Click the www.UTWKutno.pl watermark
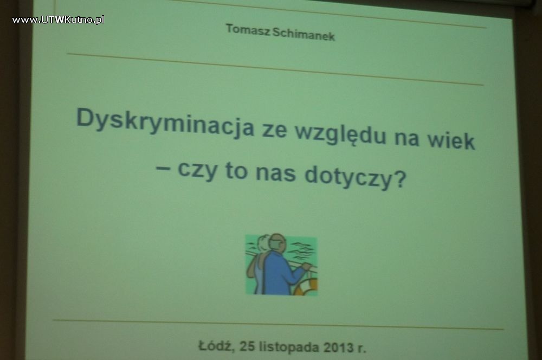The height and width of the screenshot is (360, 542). click(x=58, y=20)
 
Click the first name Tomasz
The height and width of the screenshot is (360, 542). click(x=248, y=30)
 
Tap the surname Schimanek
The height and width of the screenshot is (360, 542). click(x=304, y=35)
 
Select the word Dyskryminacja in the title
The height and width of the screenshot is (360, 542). click(x=165, y=123)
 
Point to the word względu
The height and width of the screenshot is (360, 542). click(x=341, y=134)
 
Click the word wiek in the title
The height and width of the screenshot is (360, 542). click(x=451, y=140)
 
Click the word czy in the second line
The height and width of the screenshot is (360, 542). click(x=197, y=170)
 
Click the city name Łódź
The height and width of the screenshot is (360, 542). click(x=216, y=345)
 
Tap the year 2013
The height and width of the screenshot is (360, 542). click(x=339, y=347)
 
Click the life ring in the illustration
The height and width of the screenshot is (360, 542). click(x=306, y=286)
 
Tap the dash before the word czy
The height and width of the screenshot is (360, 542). click(x=163, y=169)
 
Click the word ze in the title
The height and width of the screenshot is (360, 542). click(x=274, y=131)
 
